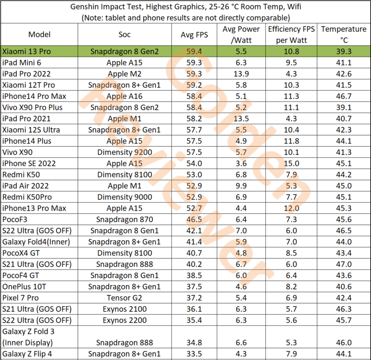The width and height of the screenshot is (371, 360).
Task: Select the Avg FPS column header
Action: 194,35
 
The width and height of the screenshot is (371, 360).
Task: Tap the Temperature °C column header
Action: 344,34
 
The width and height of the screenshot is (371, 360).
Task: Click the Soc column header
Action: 124,35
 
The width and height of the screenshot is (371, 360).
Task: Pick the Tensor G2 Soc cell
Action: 124,298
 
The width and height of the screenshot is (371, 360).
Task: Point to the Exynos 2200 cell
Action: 124,320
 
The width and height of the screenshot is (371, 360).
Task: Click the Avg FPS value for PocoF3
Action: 194,219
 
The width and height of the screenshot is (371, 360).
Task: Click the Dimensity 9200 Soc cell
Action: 124,152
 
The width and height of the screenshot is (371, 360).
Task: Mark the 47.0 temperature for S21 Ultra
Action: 344,264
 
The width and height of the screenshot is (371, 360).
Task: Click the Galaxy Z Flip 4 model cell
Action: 29,354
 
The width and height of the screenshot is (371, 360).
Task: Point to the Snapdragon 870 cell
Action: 124,219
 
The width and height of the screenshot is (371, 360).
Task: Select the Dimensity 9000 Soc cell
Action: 124,197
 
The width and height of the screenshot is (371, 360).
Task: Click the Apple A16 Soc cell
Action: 124,96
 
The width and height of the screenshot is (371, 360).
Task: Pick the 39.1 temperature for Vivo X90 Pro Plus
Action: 344,107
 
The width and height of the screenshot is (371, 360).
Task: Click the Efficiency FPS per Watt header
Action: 291,34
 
